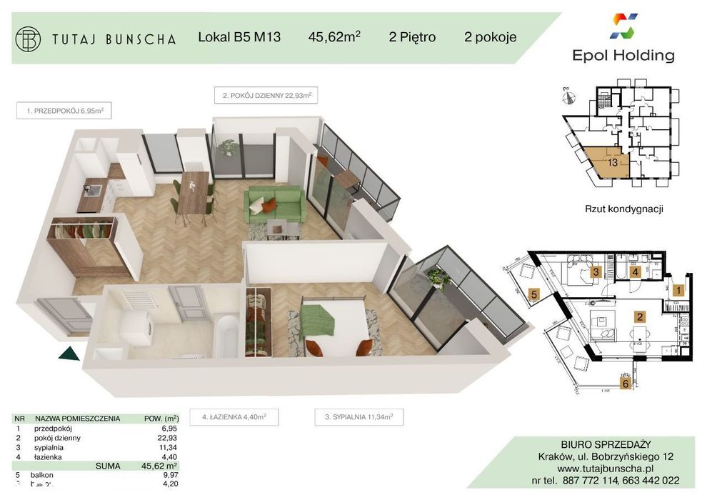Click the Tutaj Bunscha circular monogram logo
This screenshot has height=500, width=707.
click(29, 39)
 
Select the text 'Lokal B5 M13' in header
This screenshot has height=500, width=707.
click(239, 38)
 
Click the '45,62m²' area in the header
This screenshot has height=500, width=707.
click(334, 37)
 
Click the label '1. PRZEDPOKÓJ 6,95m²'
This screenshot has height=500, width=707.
click(65, 111)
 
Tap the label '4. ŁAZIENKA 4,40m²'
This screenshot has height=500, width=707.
click(234, 416)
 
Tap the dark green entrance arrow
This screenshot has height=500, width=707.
click(69, 353)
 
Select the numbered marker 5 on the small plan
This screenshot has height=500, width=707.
click(533, 293)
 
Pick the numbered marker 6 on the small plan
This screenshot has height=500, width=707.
click(626, 384)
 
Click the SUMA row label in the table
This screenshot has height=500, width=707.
click(107, 465)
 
